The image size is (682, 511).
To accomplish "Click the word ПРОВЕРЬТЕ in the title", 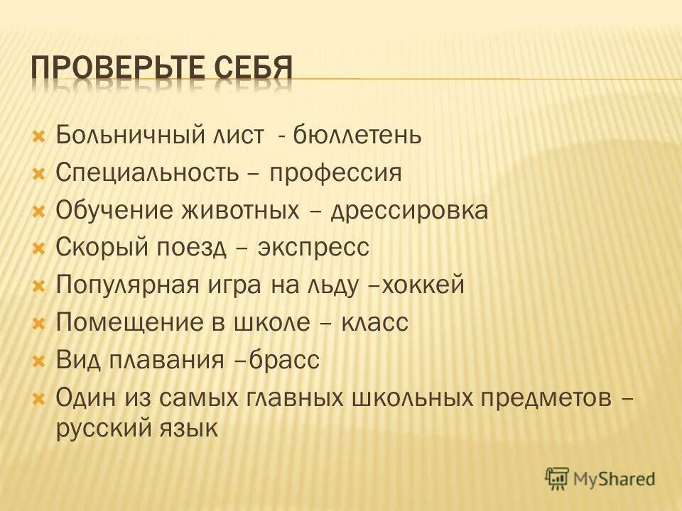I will [x=118, y=68].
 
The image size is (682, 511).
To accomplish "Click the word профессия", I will [x=335, y=172].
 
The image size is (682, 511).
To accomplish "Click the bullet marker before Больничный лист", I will [x=40, y=134].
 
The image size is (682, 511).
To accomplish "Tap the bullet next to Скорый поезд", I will [x=40, y=248].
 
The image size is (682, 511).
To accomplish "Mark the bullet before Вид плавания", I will [x=40, y=361].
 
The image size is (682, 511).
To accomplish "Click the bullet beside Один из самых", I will [x=40, y=398].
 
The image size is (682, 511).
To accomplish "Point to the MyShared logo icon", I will [x=557, y=479].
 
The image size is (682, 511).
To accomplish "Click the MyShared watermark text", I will [x=615, y=479].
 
